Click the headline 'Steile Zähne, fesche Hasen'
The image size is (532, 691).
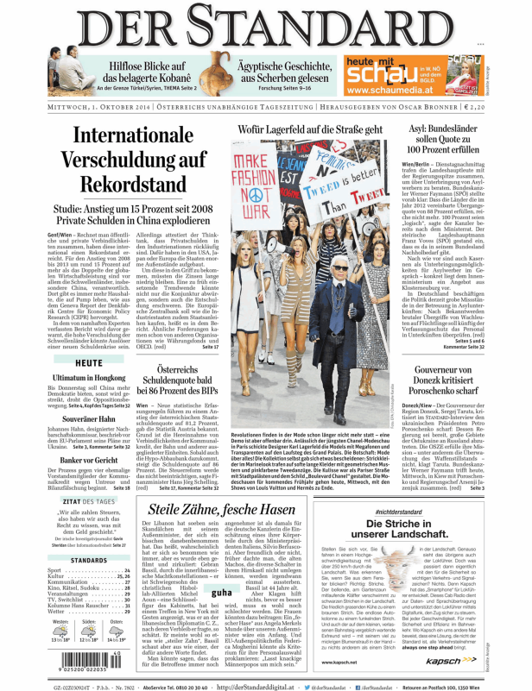pos(229,511)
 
